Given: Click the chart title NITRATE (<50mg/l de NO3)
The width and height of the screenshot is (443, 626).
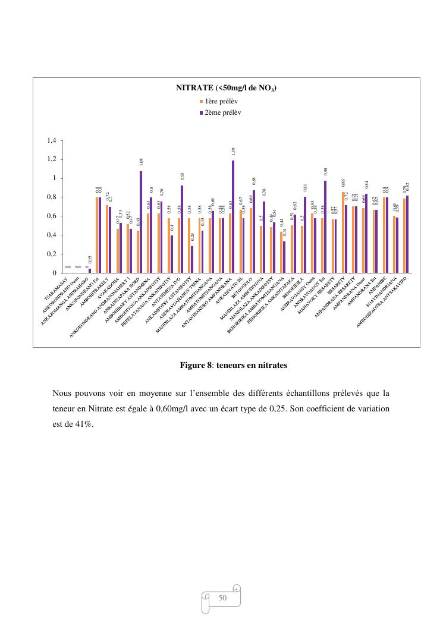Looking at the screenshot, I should point(226,88).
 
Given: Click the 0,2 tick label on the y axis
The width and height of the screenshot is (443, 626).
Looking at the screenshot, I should point(51,254).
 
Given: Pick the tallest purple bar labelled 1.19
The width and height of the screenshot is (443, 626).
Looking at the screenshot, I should point(233,216).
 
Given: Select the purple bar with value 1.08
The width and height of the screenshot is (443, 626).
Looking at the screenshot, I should point(141,222).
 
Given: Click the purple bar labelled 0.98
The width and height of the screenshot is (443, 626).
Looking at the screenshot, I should point(325,227).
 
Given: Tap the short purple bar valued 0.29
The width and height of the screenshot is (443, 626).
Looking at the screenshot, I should point(192,259).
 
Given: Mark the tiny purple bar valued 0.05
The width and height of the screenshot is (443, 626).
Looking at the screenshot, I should point(90,270).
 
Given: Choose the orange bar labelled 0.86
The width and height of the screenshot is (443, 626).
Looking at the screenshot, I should point(343,232).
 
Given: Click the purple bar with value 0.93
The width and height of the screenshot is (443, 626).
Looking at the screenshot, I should point(182,229).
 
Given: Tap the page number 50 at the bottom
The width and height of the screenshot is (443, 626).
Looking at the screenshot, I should point(224,597).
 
